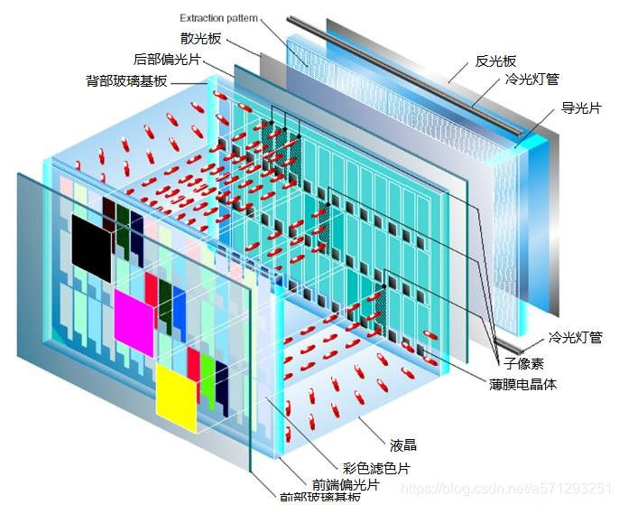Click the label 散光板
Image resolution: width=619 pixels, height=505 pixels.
click(x=200, y=39)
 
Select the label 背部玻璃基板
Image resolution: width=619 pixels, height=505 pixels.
click(x=126, y=81)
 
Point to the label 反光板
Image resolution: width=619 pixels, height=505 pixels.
click(x=495, y=61)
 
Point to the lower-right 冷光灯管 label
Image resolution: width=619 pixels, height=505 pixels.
click(x=576, y=338)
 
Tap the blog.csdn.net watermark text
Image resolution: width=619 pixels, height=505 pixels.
click(x=505, y=489)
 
